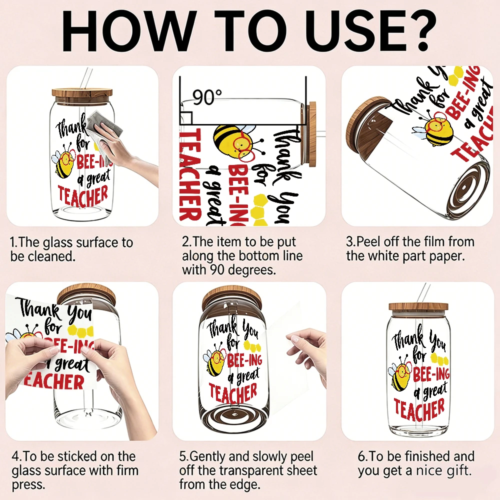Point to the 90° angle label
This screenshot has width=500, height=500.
[x=207, y=97]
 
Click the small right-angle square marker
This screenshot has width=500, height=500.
[x=186, y=118]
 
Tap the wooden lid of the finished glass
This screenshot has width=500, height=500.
[x=418, y=307]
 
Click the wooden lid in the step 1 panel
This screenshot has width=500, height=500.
[x=82, y=93]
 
